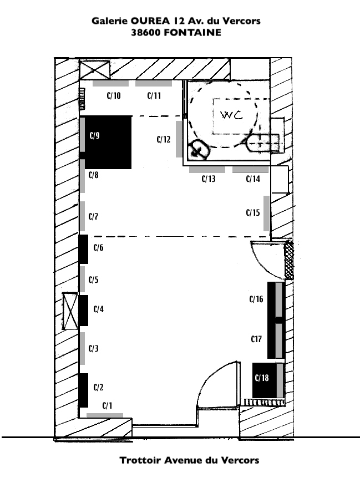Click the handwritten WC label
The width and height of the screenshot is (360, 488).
231,115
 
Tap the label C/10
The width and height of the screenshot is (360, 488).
114,95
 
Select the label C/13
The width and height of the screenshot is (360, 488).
209,179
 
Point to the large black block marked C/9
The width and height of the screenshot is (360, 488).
108,142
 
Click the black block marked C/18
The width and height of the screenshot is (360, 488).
265,380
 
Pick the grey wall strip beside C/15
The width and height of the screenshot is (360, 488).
267,213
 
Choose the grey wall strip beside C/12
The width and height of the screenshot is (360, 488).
179,139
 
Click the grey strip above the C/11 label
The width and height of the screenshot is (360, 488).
154,83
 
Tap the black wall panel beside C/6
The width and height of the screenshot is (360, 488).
83,250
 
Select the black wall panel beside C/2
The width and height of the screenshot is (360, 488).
83,390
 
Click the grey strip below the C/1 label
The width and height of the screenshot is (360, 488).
105,415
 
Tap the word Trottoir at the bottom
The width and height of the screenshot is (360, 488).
140,460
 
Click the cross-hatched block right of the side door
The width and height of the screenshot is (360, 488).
290,260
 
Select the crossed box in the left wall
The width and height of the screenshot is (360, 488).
70,311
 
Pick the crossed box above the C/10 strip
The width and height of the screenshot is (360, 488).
95,69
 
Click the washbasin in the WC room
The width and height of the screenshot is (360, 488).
199,150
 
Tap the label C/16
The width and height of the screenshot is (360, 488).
256,299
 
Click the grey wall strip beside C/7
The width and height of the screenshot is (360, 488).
82,216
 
